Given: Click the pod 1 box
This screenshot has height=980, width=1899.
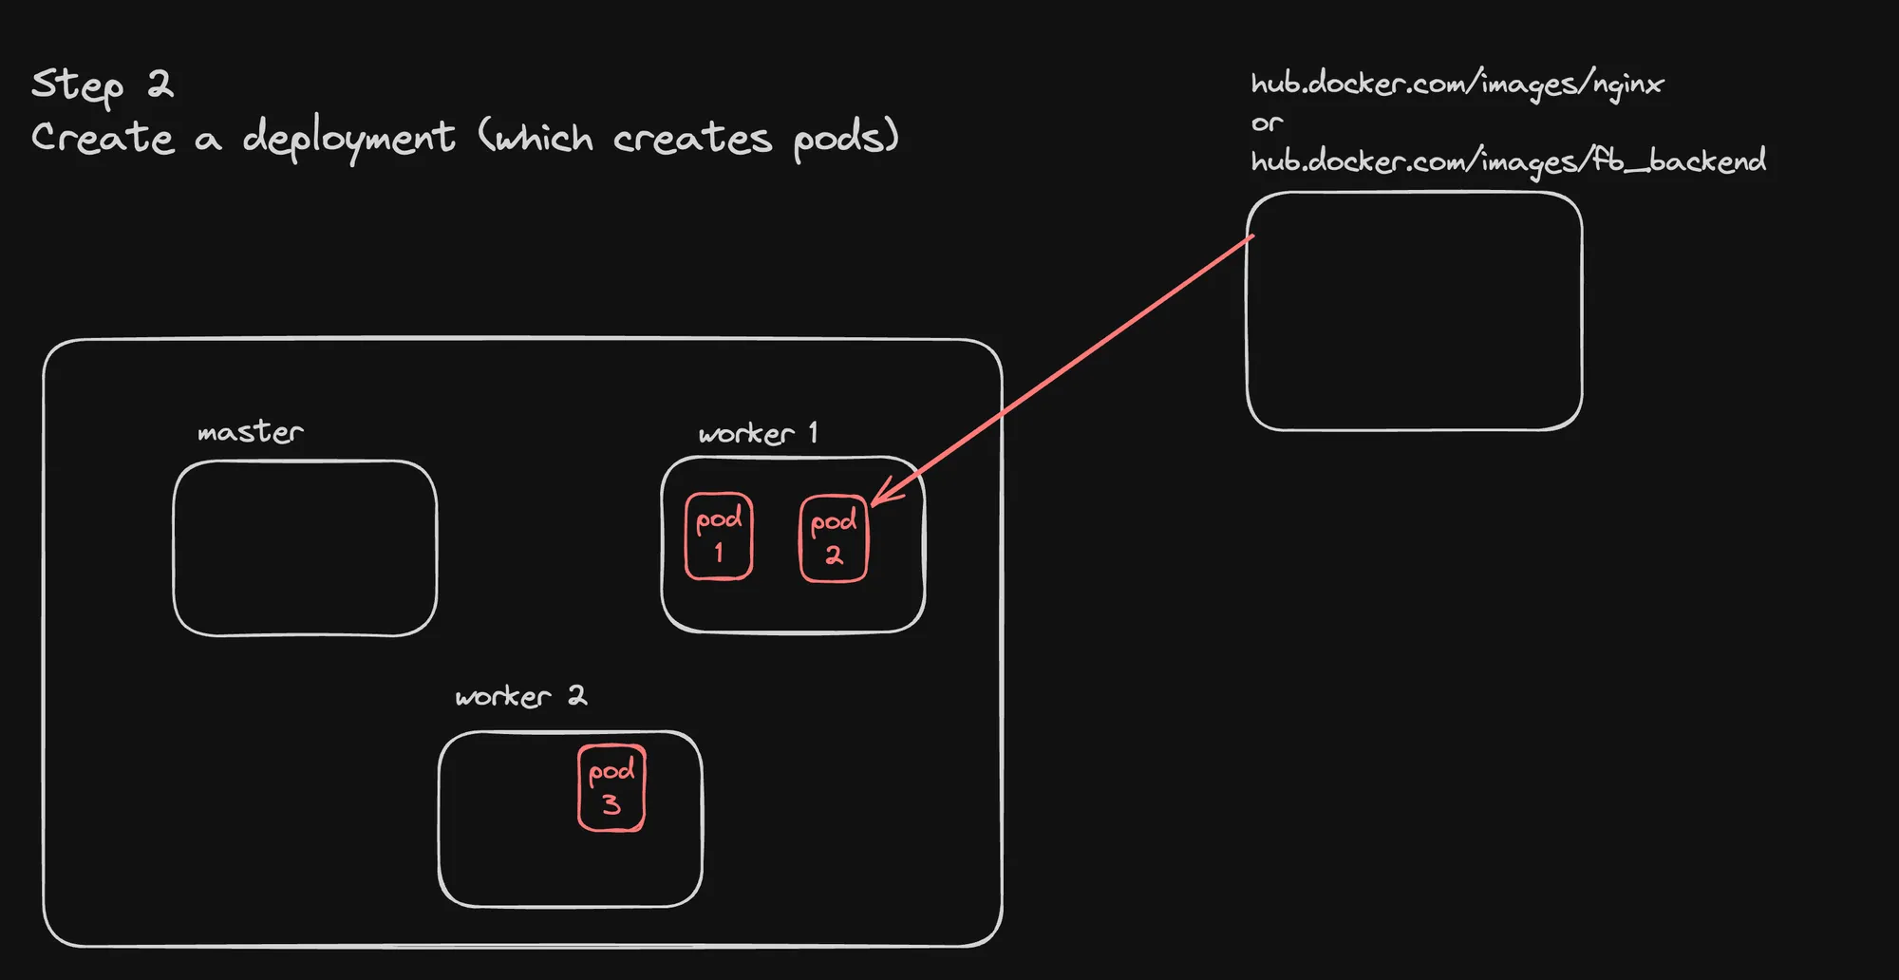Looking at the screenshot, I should pyautogui.click(x=719, y=537).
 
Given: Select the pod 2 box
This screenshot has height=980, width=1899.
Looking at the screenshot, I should pyautogui.click(x=834, y=538).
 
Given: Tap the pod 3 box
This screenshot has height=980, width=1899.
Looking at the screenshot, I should pyautogui.click(x=611, y=788).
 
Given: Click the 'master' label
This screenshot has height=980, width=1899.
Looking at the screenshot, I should pyautogui.click(x=251, y=432).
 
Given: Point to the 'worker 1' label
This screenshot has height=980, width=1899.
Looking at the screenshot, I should pyautogui.click(x=758, y=433).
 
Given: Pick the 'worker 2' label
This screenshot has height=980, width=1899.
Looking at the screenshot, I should pyautogui.click(x=521, y=696).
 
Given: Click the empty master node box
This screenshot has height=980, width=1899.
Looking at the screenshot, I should pyautogui.click(x=305, y=548).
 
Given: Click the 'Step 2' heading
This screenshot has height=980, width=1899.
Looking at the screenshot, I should pyautogui.click(x=103, y=85).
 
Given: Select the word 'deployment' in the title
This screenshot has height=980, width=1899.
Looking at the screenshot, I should pyautogui.click(x=348, y=139).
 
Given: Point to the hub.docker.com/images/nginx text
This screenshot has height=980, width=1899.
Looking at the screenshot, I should pyautogui.click(x=1457, y=85).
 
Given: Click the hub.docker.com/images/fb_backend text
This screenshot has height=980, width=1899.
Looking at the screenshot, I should pyautogui.click(x=1509, y=161).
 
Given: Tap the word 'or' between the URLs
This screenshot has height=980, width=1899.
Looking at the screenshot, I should pyautogui.click(x=1267, y=123).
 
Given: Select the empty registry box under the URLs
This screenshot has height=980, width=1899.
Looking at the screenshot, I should pyautogui.click(x=1414, y=311).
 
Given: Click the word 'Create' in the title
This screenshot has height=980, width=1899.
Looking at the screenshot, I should pyautogui.click(x=103, y=139).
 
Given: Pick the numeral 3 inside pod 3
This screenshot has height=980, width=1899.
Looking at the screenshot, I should pyautogui.click(x=611, y=805).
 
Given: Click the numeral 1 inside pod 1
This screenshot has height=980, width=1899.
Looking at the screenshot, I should pyautogui.click(x=719, y=552).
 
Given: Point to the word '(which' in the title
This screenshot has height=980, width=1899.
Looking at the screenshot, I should pyautogui.click(x=536, y=139).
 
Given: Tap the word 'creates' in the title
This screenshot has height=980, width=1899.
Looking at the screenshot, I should pyautogui.click(x=692, y=139).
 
